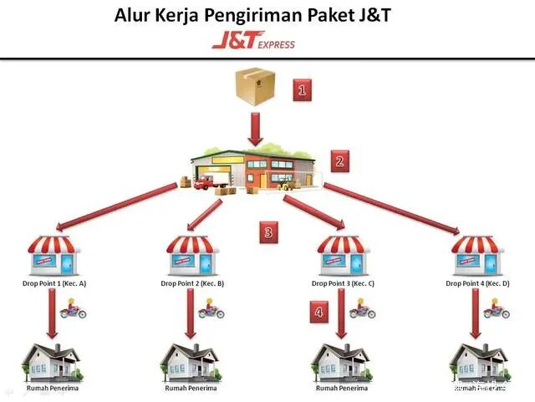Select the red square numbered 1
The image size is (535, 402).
(x=303, y=89)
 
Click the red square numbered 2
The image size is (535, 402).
(x=339, y=160)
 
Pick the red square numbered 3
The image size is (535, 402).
(x=267, y=232)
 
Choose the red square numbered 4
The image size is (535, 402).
(x=318, y=312)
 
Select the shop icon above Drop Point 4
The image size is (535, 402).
(x=478, y=256)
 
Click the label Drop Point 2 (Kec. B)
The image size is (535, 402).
(x=192, y=284)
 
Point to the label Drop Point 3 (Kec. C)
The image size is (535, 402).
(x=343, y=284)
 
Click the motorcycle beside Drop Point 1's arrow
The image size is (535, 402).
(x=74, y=311)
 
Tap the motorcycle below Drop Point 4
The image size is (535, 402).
(x=498, y=311)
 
